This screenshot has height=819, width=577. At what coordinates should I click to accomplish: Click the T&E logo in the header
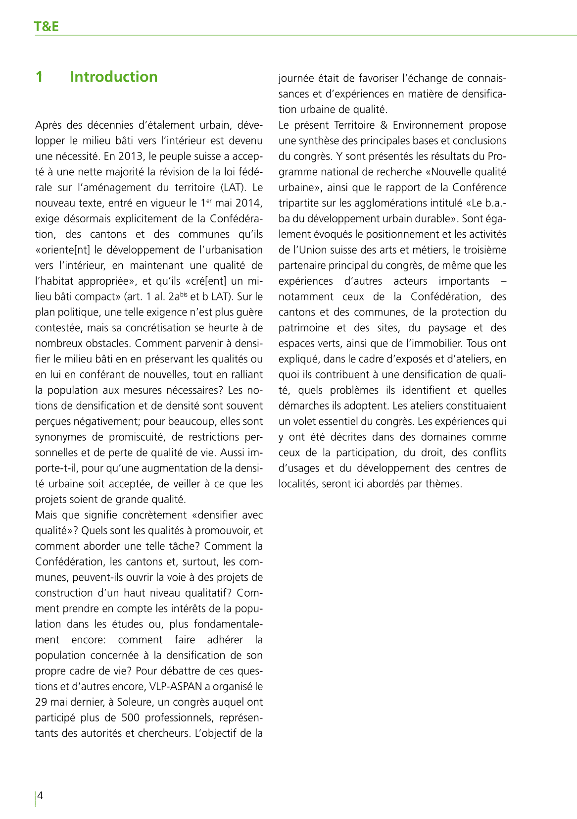(47, 26)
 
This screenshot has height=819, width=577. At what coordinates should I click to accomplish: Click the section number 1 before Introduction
(40, 77)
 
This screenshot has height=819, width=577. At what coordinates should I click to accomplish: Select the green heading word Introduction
(113, 77)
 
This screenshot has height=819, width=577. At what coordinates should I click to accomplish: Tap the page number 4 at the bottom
(41, 795)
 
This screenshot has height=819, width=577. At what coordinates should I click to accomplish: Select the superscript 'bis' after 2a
(184, 294)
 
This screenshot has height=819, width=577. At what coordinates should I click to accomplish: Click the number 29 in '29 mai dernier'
(41, 702)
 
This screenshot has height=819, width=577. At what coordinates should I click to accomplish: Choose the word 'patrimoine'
(302, 328)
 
